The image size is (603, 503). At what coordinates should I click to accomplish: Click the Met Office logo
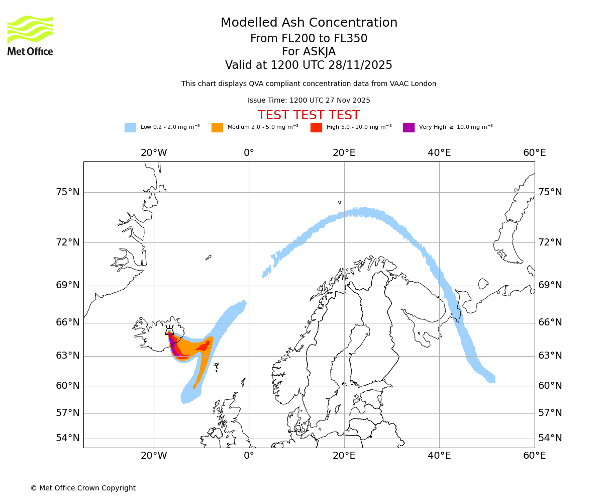pyautogui.click(x=30, y=35)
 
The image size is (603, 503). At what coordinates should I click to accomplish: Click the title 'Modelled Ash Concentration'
pyautogui.click(x=309, y=23)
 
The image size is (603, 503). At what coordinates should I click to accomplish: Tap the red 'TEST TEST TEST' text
pyautogui.click(x=309, y=116)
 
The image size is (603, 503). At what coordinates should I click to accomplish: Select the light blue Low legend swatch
pyautogui.click(x=130, y=128)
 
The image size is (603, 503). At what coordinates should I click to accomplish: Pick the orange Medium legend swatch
pyautogui.click(x=217, y=128)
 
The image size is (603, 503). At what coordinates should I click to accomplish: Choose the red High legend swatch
pyautogui.click(x=316, y=128)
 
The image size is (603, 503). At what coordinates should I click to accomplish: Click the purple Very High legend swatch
pyautogui.click(x=409, y=128)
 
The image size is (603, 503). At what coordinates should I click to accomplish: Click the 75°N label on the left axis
pyautogui.click(x=68, y=192)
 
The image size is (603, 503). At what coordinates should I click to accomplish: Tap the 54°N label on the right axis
pyautogui.click(x=550, y=438)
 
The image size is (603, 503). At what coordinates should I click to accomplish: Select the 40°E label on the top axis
pyautogui.click(x=439, y=153)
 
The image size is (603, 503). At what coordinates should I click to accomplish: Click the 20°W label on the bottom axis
pyautogui.click(x=154, y=456)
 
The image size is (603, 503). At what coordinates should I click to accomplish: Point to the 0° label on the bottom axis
pyautogui.click(x=249, y=456)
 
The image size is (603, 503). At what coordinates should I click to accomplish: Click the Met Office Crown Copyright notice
pyautogui.click(x=83, y=488)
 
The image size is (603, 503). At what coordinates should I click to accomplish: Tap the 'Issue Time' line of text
pyautogui.click(x=309, y=101)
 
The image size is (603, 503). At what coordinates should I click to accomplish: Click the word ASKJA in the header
pyautogui.click(x=320, y=52)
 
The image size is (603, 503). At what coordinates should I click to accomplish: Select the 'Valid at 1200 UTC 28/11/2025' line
pyautogui.click(x=309, y=65)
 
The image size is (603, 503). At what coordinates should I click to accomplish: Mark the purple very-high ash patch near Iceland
pyautogui.click(x=174, y=347)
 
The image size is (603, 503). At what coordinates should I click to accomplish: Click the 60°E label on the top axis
pyautogui.click(x=534, y=153)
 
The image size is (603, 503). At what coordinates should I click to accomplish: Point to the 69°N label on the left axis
pyautogui.click(x=68, y=285)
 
